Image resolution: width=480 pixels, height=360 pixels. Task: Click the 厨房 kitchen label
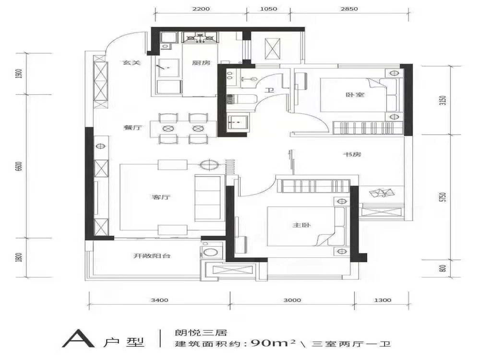pyautogui.click(x=201, y=63)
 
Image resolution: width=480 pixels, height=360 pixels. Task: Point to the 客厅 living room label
pyautogui.click(x=161, y=197)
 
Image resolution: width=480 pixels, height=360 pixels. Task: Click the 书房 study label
pyautogui.click(x=352, y=154)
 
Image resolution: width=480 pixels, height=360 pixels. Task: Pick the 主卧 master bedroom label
pyautogui.click(x=302, y=226)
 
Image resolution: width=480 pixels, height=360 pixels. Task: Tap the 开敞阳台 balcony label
pyautogui.click(x=152, y=256)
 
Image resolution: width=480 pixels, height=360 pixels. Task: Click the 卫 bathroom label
pyautogui.click(x=269, y=91)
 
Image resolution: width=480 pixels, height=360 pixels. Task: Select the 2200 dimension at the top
pyautogui.click(x=201, y=9)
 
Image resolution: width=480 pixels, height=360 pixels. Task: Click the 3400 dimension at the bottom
pyautogui.click(x=160, y=300)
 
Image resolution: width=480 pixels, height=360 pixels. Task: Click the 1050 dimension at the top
pyautogui.click(x=268, y=9)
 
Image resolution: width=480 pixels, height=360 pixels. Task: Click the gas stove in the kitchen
pyautogui.click(x=200, y=38)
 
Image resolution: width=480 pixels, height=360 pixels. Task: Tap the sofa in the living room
pyautogui.click(x=208, y=198)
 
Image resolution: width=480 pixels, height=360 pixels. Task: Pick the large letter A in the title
pyautogui.click(x=78, y=338)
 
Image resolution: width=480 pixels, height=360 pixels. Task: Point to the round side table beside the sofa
pyautogui.click(x=209, y=165)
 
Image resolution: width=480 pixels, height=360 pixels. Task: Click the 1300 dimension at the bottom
pyautogui.click(x=383, y=300)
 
